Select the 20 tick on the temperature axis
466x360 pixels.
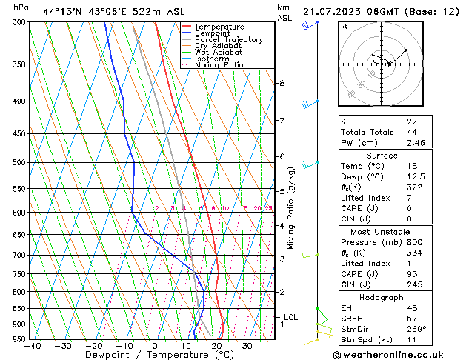[216, 345]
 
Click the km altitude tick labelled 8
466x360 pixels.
[282, 83]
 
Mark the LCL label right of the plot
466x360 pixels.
[290, 317]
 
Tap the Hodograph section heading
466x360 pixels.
[382, 296]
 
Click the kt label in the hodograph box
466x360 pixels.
[344, 27]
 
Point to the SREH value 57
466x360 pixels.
[411, 318]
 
